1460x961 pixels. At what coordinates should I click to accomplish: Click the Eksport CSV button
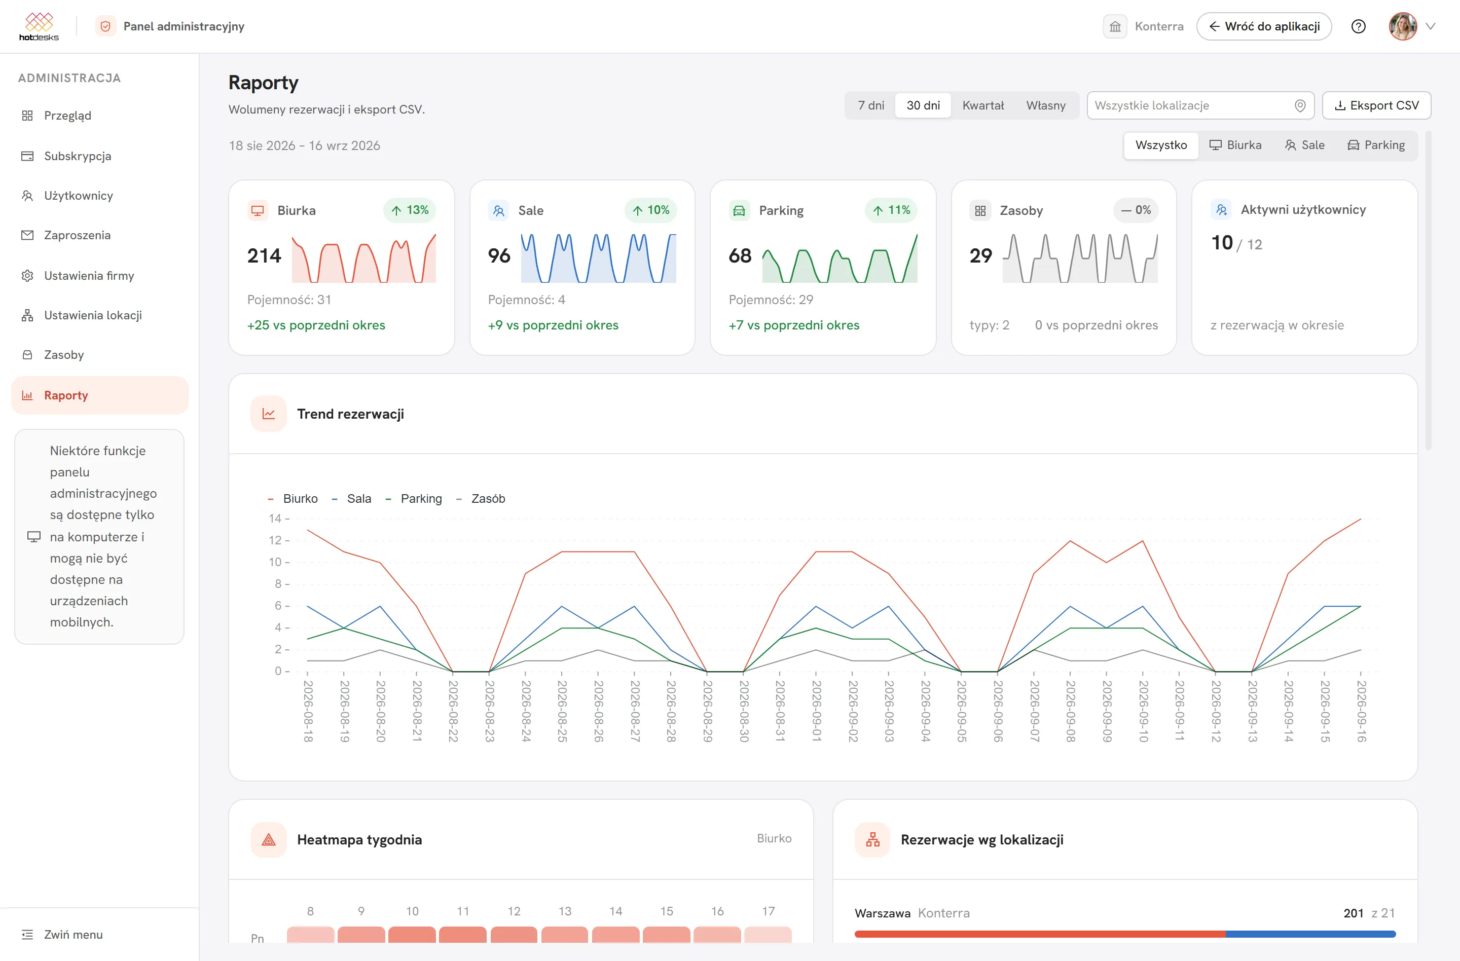tap(1376, 105)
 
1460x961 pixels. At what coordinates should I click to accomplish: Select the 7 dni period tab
tap(870, 105)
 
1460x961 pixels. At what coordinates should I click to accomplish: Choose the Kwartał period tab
tap(983, 105)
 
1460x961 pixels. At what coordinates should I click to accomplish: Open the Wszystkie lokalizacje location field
tap(1200, 105)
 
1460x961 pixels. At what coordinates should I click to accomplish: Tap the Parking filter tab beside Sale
tap(1376, 145)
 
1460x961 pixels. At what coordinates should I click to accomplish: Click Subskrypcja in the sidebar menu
tap(77, 156)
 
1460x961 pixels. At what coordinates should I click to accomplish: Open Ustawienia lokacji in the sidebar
tap(93, 315)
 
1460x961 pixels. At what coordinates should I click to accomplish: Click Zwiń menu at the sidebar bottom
tap(73, 935)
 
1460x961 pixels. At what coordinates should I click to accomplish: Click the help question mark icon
tap(1358, 26)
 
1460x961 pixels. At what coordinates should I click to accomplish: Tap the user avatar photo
tap(1402, 26)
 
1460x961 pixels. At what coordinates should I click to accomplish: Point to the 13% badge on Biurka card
tap(410, 210)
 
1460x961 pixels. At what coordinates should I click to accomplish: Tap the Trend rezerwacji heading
tap(350, 414)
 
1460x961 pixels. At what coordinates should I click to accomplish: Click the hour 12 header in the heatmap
tap(514, 911)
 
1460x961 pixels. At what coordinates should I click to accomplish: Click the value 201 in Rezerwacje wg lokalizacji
tap(1353, 913)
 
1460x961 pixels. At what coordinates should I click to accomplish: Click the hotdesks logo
tap(39, 26)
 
